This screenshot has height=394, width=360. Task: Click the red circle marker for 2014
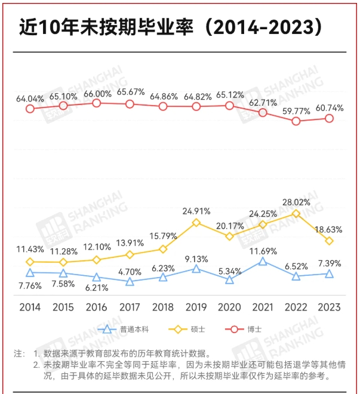30,109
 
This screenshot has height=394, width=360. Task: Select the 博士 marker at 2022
296,121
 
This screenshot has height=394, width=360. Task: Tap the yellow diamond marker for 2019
196,222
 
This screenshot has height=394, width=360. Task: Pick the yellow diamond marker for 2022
296,213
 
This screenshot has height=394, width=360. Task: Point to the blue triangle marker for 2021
263,261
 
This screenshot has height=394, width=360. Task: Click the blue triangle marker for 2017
130,281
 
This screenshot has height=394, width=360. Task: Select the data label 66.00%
97,94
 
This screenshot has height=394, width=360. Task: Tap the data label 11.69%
263,251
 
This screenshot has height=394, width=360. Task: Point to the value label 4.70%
130,272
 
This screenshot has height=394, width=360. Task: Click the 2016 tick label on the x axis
97,307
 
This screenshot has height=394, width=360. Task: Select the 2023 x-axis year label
329,307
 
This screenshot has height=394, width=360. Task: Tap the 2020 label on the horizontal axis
229,307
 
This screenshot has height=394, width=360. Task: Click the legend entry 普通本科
127,329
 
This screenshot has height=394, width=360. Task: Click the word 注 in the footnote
18,353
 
